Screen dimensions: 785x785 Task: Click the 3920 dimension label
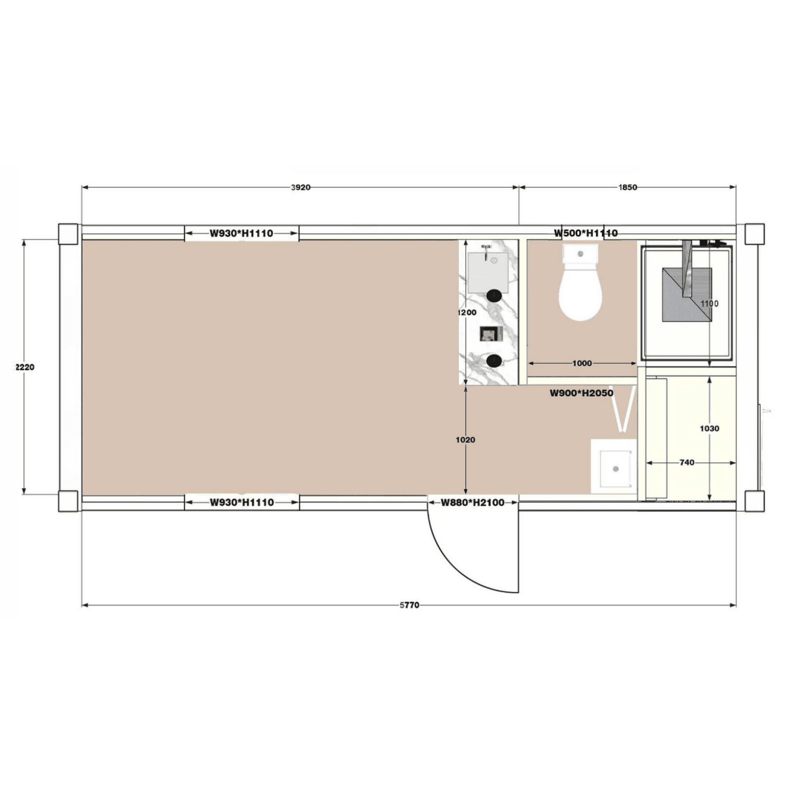300,187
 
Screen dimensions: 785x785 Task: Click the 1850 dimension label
627,187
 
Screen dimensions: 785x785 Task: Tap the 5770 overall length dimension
409,605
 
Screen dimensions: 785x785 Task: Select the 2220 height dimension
24,367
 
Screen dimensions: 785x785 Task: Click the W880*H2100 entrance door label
473,502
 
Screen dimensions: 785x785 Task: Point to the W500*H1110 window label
586,233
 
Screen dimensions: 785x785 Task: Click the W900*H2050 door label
581,393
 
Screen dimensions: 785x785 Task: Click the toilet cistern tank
580,254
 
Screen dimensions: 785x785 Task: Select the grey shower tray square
687,295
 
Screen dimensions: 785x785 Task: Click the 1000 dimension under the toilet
582,363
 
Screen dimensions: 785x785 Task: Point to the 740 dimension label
687,463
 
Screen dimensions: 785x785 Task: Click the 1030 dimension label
709,428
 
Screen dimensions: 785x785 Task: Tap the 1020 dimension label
465,440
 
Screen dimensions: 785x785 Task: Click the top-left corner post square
68,233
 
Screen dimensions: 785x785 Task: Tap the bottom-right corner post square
754,501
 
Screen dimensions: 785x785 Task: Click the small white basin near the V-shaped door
614,468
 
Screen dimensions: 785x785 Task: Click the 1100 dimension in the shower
709,304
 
